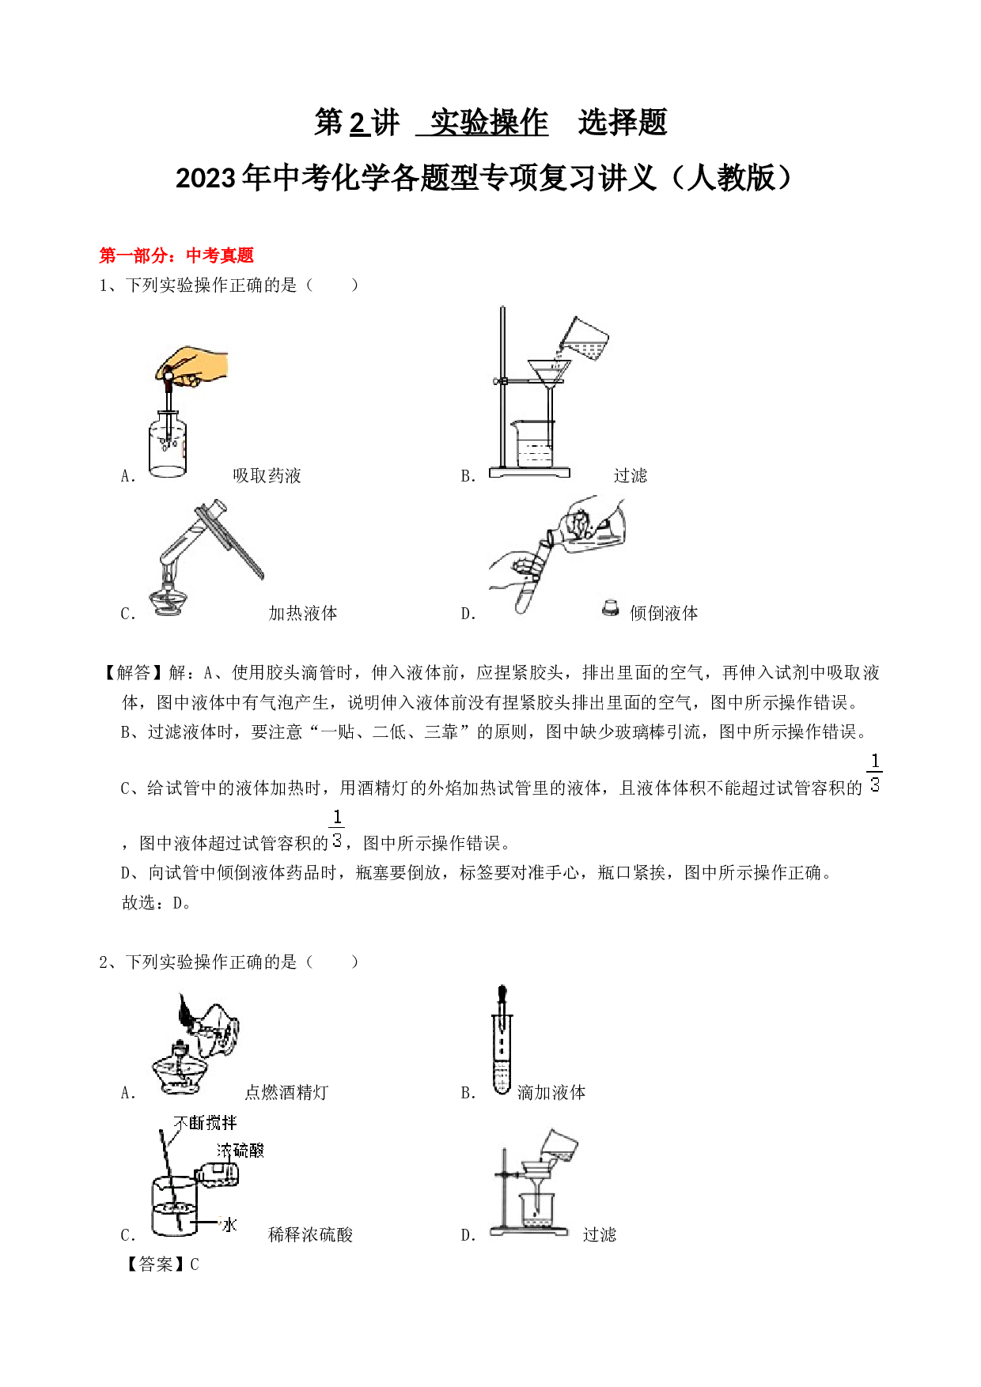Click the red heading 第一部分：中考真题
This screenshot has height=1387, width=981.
[176, 255]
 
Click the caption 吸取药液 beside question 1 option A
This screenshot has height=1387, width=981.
[267, 475]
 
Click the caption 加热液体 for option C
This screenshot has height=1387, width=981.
[302, 613]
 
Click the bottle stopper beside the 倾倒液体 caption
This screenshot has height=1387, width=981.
[610, 607]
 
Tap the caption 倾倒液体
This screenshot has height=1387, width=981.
[664, 613]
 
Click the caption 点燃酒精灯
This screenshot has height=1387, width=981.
[286, 1092]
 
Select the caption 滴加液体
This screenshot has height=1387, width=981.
[551, 1092]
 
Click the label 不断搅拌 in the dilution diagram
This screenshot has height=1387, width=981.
[205, 1123]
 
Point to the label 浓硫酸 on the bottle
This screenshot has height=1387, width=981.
[241, 1151]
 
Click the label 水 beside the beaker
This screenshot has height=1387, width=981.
[229, 1225]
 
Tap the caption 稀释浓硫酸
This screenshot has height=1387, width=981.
[310, 1234]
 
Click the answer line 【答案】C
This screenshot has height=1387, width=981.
[161, 1264]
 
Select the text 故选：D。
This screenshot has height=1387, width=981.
[157, 902]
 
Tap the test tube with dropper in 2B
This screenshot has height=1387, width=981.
[502, 1040]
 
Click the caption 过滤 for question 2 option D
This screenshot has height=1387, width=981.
[599, 1234]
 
